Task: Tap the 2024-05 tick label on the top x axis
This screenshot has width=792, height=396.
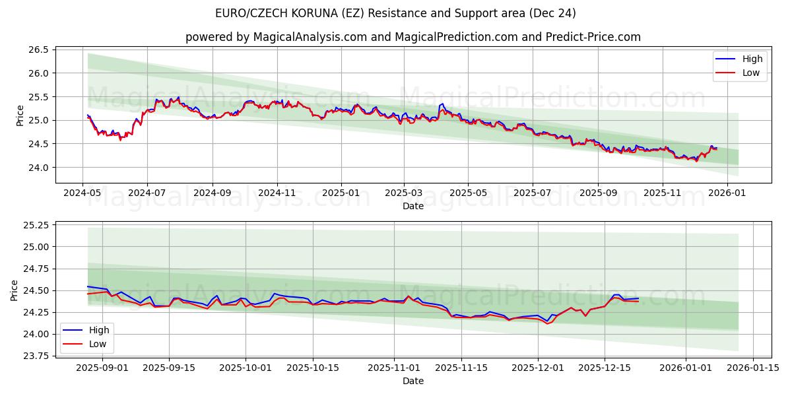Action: (x=82, y=193)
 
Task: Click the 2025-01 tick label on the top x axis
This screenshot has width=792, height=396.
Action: (x=341, y=193)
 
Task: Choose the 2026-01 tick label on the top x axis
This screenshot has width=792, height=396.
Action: (x=727, y=193)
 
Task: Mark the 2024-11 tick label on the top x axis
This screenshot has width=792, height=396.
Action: (x=277, y=193)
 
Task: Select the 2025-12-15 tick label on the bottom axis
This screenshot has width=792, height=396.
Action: (x=605, y=368)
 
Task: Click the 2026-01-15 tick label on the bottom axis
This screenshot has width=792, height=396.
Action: (x=748, y=368)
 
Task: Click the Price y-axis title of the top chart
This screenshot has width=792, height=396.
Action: (x=20, y=115)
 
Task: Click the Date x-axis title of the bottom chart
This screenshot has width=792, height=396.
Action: (x=413, y=381)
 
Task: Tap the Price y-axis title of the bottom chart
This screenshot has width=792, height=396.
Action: (x=15, y=290)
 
